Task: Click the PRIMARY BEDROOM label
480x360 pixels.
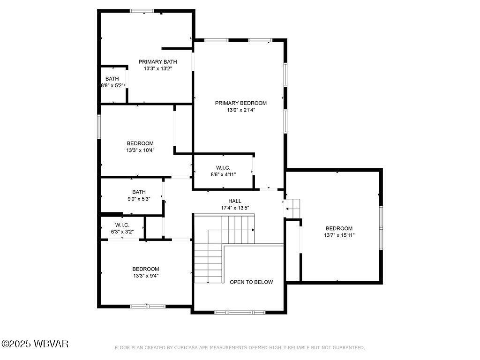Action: coord(240,103)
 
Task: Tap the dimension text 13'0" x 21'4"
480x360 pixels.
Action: coord(240,110)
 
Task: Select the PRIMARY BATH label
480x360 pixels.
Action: coord(157,61)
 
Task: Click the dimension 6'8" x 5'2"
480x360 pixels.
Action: coord(112,86)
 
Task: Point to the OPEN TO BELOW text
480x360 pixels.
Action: coord(251,282)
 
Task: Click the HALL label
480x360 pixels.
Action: coord(234,201)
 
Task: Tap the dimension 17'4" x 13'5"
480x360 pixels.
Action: coord(234,208)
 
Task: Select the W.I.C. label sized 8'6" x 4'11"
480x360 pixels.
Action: coord(223,167)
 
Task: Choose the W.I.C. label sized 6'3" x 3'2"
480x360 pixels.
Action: coord(122,225)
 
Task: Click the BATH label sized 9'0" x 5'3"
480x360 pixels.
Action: coord(139,192)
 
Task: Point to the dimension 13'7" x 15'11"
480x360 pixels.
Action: coord(339,235)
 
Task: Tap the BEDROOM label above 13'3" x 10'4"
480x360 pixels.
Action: coord(140,143)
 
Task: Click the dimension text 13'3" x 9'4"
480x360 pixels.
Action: coord(145,276)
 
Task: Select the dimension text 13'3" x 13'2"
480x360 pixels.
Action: coord(157,68)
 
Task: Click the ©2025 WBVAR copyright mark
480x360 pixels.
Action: coord(35,344)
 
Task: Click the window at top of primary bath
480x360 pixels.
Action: coord(142,11)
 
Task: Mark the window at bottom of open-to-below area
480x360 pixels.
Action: coord(240,312)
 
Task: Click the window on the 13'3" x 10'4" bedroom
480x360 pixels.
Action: coord(99,127)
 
